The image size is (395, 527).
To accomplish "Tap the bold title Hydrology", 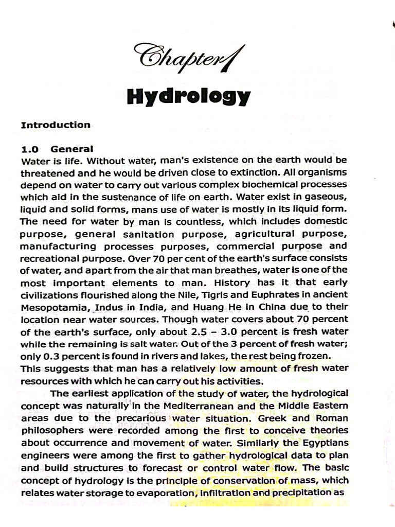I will click(x=188, y=96).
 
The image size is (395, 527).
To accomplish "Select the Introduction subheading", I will click(x=56, y=125).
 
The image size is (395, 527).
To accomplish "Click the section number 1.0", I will click(x=30, y=149).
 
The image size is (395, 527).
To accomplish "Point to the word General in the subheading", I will click(x=72, y=149).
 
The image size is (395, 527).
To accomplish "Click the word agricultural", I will click(x=267, y=234).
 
